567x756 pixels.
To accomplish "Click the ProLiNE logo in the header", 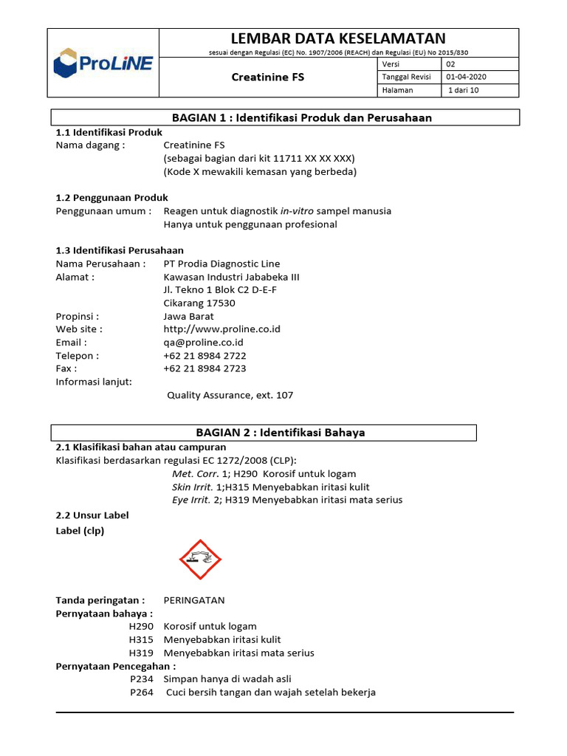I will tap(103, 63).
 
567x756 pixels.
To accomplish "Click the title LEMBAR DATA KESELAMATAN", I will tap(339, 38).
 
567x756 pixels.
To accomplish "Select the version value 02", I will tap(452, 64).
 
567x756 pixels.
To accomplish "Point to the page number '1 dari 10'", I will tap(464, 90).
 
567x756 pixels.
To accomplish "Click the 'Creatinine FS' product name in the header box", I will tap(268, 77).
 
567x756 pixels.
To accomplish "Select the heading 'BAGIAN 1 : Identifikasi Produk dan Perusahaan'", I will tap(301, 117).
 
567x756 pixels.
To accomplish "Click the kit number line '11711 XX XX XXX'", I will tap(258, 158).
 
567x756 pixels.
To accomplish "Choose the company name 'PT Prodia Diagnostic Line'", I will tap(221, 264).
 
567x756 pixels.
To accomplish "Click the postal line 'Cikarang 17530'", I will tap(199, 303).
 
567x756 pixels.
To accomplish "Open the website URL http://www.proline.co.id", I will tap(221, 329).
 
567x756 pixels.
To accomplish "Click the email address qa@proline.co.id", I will tap(203, 343).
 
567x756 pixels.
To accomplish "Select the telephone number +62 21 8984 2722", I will tap(205, 356).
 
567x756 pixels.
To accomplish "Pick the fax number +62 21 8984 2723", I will tap(205, 368).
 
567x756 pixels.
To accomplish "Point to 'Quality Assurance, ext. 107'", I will tap(230, 395).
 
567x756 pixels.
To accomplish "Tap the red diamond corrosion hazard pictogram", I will tap(200, 560).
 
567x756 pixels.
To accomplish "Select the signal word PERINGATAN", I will tap(193, 600).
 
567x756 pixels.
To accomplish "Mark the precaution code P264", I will tap(141, 693).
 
